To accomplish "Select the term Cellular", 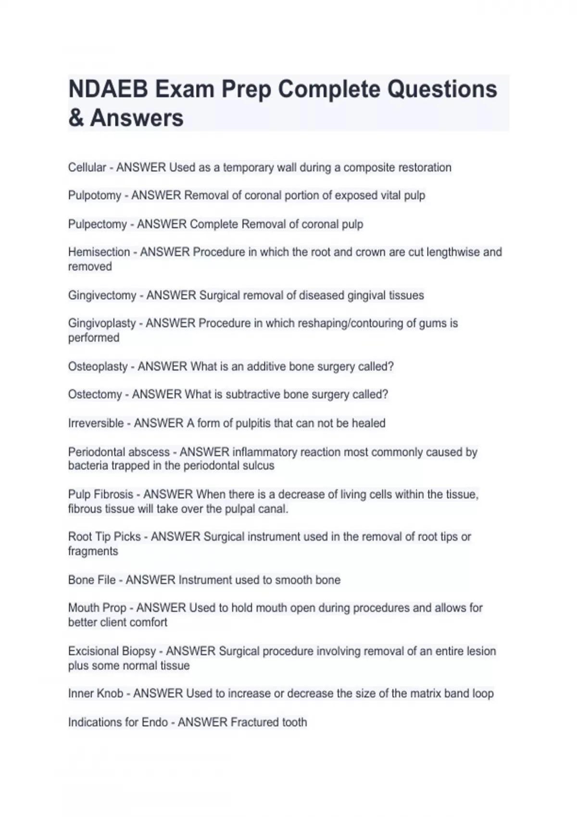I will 87,167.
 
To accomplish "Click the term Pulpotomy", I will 95,196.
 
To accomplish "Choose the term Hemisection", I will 99,252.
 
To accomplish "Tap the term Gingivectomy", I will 102,295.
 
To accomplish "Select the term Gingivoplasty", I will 102,323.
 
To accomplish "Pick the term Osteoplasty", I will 98,366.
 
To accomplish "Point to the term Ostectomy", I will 95,394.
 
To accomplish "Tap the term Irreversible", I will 96,423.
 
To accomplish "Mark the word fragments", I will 93,551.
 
